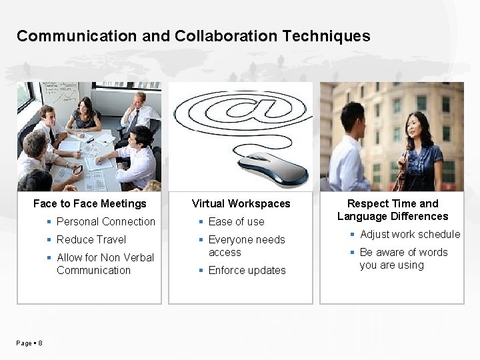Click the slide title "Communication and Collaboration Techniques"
coord(193,36)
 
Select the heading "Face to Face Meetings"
coord(89,203)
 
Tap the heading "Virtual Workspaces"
coord(241,203)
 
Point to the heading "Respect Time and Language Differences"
coord(393,209)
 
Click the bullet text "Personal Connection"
coord(106,221)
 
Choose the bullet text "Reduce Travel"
coord(91,239)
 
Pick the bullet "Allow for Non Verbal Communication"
coord(105,263)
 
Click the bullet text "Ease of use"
coord(237,221)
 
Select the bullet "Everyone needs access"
coord(247,245)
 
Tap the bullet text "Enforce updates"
coord(247,270)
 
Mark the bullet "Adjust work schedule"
coord(410,234)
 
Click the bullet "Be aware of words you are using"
coord(403,258)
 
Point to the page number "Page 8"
coord(29,343)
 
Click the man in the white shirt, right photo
coord(351,150)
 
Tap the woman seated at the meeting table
coord(85,113)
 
